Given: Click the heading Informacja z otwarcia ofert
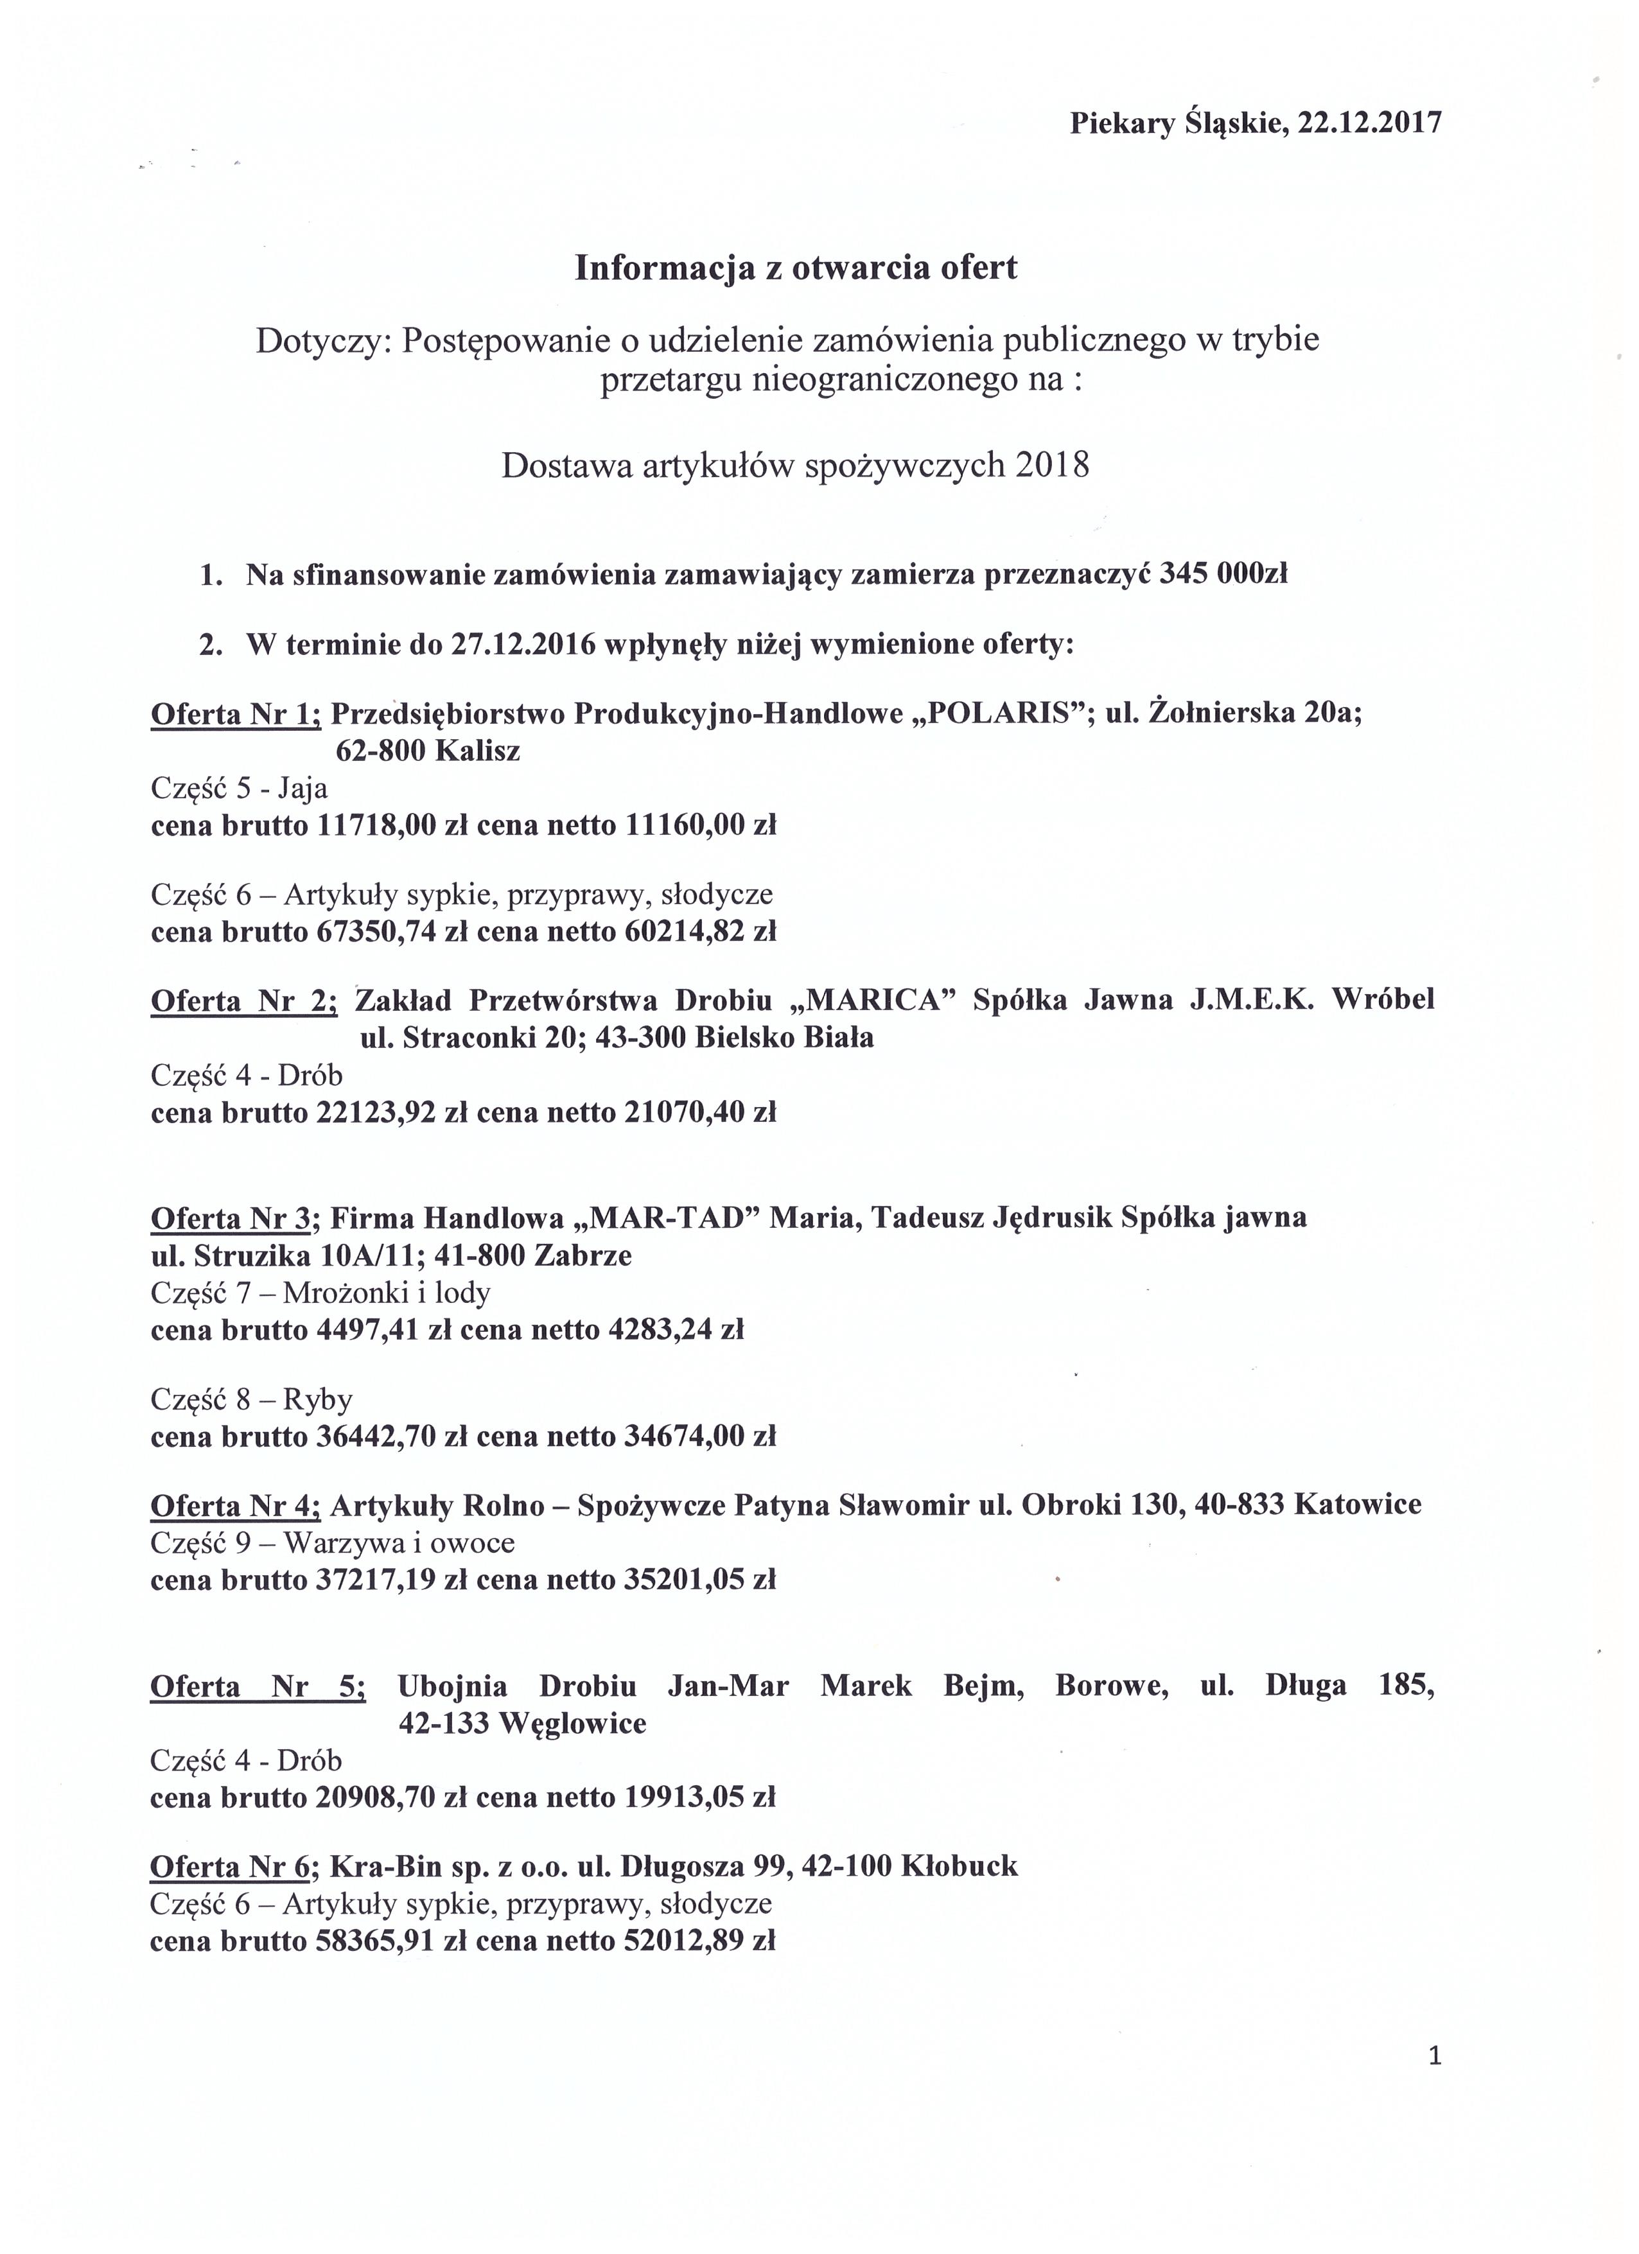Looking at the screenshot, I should pyautogui.click(x=796, y=268).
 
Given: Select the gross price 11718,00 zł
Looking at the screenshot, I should pyautogui.click(x=392, y=825).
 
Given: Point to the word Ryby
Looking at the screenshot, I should pyautogui.click(x=318, y=1401).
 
